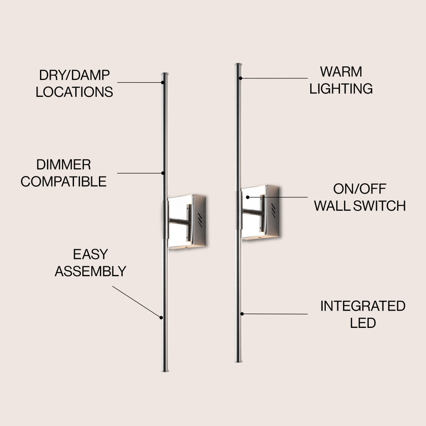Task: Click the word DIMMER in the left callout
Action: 63,164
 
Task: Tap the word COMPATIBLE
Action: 63,182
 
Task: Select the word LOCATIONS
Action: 74,92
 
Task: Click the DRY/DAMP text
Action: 74,75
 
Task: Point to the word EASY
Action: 90,254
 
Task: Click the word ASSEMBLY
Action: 90,272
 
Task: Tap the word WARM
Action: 341,71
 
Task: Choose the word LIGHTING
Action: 341,89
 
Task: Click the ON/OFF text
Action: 360,188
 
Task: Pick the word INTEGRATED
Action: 362,306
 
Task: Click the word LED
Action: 363,323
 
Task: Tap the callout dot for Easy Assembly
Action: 161,318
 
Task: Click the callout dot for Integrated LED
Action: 242,314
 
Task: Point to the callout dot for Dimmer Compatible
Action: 163,173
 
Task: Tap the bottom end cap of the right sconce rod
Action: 238,360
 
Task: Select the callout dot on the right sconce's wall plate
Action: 249,197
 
